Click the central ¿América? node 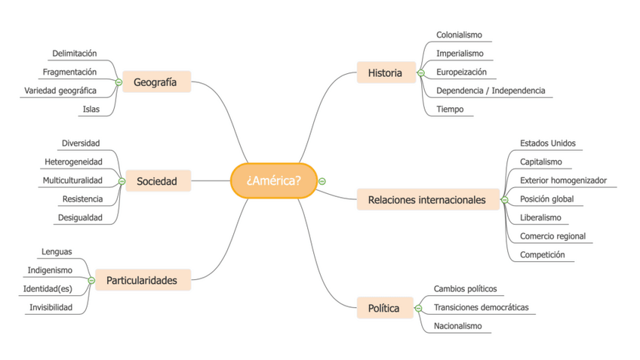click(272, 181)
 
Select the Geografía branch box click(155, 82)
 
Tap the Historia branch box click(385, 73)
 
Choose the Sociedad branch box click(157, 181)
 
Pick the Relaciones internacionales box click(426, 200)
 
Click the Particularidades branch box click(142, 280)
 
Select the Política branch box click(383, 308)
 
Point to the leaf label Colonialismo click(459, 35)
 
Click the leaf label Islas click(91, 109)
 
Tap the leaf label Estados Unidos click(547, 143)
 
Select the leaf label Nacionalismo click(457, 326)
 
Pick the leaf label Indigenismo click(50, 269)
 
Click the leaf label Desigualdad click(80, 218)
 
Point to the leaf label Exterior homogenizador click(563, 180)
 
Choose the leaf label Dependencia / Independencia click(490, 91)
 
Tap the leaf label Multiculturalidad click(72, 180)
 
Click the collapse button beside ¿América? click(322, 181)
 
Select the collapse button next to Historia click(420, 73)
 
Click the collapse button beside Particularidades click(91, 280)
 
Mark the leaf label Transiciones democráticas click(481, 307)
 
